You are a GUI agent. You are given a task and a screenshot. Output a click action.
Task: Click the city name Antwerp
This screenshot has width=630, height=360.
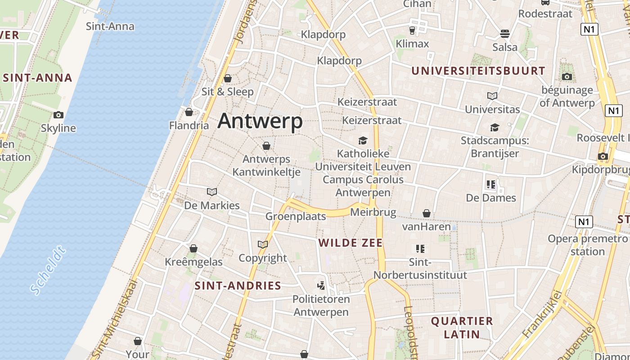260,121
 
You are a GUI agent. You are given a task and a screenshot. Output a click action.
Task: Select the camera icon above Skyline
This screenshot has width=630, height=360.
58,115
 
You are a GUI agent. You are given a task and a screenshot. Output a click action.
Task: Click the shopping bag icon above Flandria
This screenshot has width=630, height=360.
189,112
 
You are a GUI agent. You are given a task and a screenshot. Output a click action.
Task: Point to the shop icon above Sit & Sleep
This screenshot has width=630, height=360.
228,79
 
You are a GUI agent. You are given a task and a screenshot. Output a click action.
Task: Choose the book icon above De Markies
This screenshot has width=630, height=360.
212,192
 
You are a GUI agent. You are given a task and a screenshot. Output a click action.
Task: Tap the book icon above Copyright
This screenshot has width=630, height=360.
263,244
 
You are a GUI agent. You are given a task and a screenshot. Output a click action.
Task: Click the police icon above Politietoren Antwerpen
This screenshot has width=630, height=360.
321,285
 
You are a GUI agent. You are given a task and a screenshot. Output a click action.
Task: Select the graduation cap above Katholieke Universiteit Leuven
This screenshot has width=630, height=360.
363,140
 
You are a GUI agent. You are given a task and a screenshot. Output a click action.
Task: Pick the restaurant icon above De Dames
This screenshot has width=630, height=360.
490,184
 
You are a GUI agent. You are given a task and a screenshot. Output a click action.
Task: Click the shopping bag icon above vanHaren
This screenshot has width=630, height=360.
426,213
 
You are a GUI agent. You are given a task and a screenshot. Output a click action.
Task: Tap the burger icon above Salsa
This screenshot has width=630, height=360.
505,34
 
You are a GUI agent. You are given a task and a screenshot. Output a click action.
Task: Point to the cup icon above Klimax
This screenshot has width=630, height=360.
412,31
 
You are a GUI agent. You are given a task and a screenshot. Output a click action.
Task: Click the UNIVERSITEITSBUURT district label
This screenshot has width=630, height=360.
478,71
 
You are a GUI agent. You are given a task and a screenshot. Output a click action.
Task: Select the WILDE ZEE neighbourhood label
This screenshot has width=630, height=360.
351,243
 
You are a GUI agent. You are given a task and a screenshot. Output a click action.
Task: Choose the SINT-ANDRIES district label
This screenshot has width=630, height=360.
238,286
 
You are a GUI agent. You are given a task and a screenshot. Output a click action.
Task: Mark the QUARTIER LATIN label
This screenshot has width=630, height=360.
462,328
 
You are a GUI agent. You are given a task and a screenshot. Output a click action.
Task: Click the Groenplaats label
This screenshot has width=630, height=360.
296,216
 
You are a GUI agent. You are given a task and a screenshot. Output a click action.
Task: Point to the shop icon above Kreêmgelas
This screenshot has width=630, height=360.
193,248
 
